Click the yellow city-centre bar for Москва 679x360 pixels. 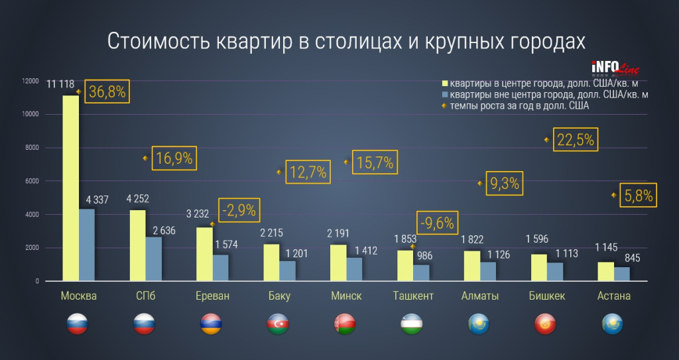70,188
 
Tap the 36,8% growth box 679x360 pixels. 107,91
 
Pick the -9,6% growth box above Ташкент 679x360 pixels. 436,222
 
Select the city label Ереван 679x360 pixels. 212,296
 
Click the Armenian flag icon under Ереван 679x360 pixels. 212,324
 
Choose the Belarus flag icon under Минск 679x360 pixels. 345,324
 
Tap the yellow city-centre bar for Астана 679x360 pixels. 605,272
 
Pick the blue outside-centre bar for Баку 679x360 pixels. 287,271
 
